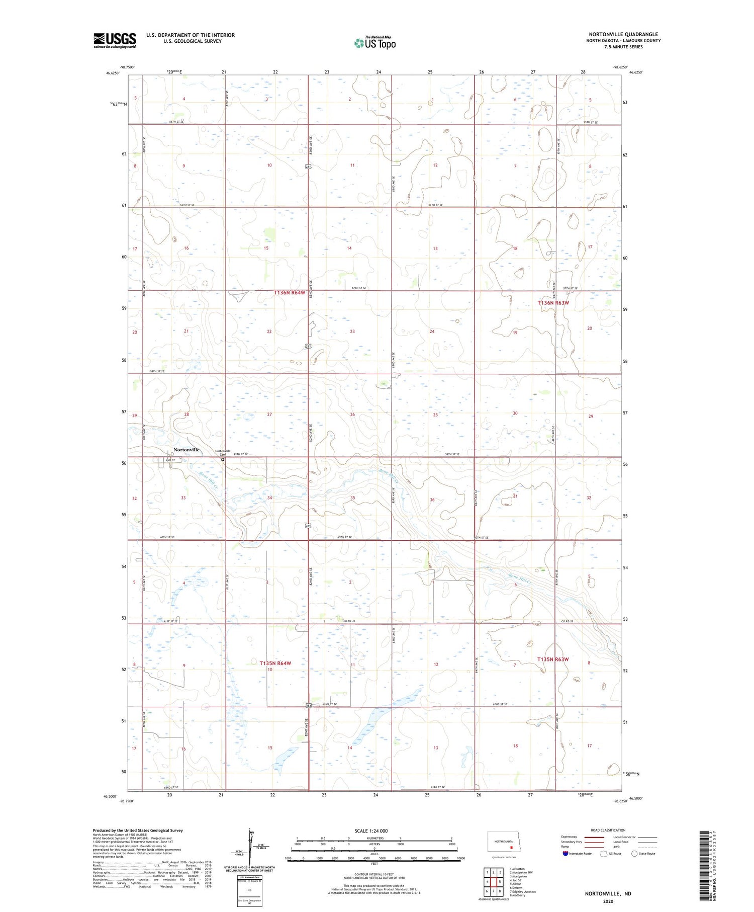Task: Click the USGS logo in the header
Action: pyautogui.click(x=115, y=40)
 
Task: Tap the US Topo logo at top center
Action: pyautogui.click(x=375, y=43)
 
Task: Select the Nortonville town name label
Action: pyautogui.click(x=186, y=450)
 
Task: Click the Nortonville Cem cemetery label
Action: pyautogui.click(x=223, y=452)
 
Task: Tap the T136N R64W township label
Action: pyautogui.click(x=290, y=293)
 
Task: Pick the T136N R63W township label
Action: pyautogui.click(x=553, y=303)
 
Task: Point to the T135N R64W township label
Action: pyautogui.click(x=275, y=663)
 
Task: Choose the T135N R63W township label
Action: pyautogui.click(x=553, y=659)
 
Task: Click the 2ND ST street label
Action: pyautogui.click(x=170, y=460)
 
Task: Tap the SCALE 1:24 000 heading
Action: pyautogui.click(x=371, y=831)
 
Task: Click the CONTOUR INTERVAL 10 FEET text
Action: pyautogui.click(x=374, y=874)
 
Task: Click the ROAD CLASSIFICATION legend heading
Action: pyautogui.click(x=608, y=830)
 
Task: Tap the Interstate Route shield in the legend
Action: pyautogui.click(x=565, y=853)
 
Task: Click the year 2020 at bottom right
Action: pyautogui.click(x=608, y=901)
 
